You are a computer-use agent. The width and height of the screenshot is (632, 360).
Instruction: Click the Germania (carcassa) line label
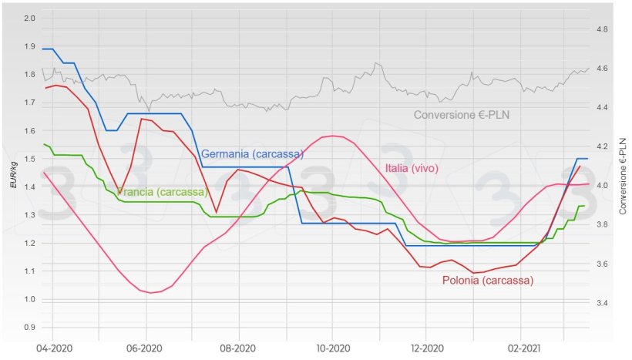252,154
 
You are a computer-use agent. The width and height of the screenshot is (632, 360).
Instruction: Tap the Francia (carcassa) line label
162,191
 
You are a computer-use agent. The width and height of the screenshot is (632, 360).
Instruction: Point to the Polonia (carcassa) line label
488,281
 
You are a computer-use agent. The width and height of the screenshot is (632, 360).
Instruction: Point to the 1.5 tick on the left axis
30,159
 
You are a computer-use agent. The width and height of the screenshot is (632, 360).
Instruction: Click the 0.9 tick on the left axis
30,327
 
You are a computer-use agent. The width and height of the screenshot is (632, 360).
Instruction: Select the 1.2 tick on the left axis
30,243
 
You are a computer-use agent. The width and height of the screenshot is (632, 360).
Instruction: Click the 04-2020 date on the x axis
53,348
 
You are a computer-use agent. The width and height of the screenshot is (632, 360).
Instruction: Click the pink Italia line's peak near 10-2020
332,136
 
